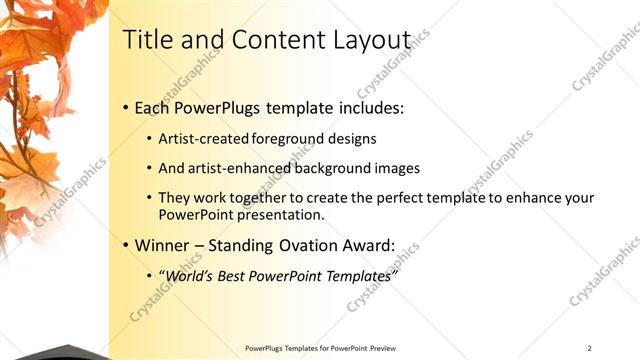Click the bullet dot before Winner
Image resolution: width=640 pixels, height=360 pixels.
tap(125, 245)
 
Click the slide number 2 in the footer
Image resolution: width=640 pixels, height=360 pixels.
tap(590, 348)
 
